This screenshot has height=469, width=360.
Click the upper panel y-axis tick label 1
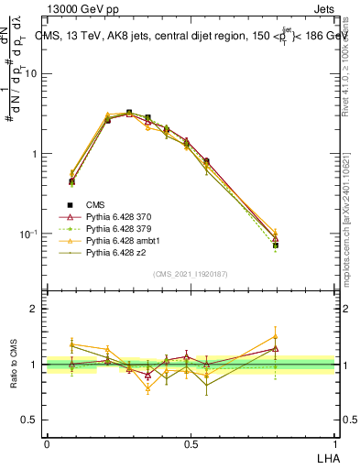tap(35, 154)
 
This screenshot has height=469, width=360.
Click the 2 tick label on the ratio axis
tap(35, 309)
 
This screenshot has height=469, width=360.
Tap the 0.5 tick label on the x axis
tap(190, 444)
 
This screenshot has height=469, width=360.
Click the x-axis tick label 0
tap(47, 444)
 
